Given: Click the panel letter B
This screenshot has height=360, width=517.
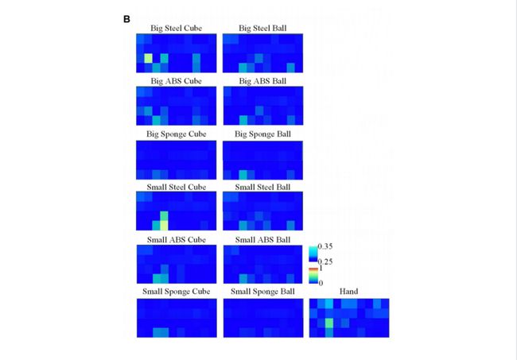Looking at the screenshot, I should (126, 18).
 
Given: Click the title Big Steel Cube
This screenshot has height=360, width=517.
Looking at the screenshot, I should (176, 29).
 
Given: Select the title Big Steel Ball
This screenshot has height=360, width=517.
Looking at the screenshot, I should (262, 29).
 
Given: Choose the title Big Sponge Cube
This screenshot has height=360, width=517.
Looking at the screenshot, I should (176, 134).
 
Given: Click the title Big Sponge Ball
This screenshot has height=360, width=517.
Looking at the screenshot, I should (262, 134).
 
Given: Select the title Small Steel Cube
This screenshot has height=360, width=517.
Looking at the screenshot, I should (176, 186).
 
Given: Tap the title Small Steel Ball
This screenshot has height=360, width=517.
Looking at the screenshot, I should (262, 186).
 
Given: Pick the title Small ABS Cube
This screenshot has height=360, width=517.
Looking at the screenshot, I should (176, 238).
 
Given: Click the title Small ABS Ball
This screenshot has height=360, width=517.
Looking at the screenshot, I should (262, 238).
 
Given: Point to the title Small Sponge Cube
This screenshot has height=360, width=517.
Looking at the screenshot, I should (176, 291).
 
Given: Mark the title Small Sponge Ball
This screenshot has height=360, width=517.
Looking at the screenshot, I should (262, 291).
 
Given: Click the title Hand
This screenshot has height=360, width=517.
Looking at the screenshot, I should (348, 291).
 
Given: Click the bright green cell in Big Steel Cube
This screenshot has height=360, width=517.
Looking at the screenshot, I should (149, 58).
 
